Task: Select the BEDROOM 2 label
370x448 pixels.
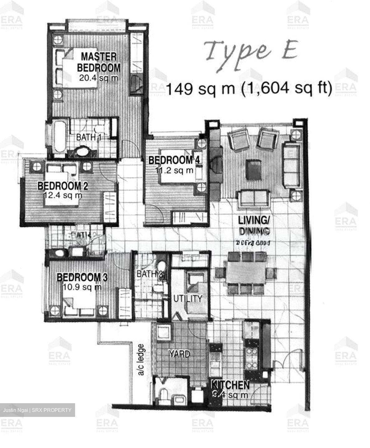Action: pyautogui.click(x=63, y=186)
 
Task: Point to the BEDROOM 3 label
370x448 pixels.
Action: pyautogui.click(x=82, y=277)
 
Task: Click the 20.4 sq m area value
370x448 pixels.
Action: pyautogui.click(x=98, y=78)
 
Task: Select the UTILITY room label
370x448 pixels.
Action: pyautogui.click(x=187, y=299)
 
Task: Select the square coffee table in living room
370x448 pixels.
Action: pyautogui.click(x=253, y=170)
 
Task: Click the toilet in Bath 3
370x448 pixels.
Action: pyautogui.click(x=162, y=267)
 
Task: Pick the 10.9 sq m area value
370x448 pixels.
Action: pyautogui.click(x=82, y=287)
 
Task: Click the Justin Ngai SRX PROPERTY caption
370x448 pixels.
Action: pyautogui.click(x=37, y=410)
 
